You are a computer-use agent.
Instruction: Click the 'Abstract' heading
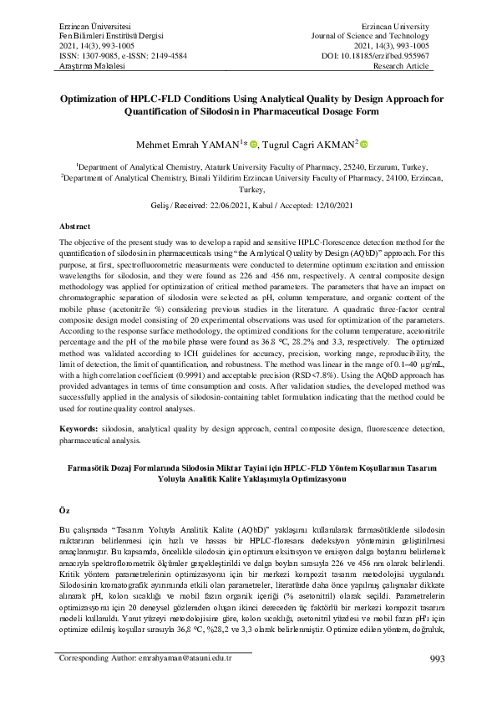tap(75, 227)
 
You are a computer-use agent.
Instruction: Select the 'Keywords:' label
tap(81, 427)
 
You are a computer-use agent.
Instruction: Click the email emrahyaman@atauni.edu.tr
tap(183, 681)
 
